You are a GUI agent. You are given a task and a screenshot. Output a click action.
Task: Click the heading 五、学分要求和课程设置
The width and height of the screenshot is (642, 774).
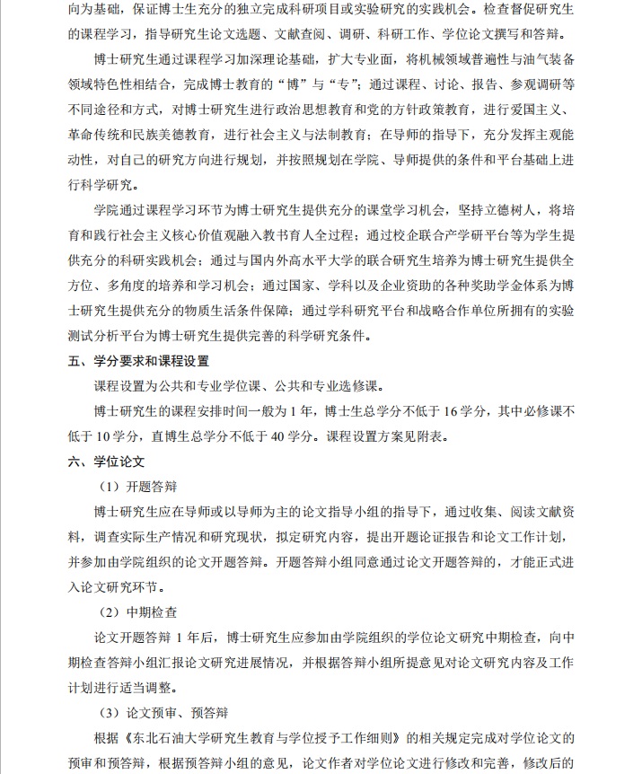138,362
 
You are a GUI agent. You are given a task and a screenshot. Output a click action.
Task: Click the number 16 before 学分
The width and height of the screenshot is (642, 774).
450,412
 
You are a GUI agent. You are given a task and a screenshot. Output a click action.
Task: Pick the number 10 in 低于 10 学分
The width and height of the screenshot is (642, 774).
108,437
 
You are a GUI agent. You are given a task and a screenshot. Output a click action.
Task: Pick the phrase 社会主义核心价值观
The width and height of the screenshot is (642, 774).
203,236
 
